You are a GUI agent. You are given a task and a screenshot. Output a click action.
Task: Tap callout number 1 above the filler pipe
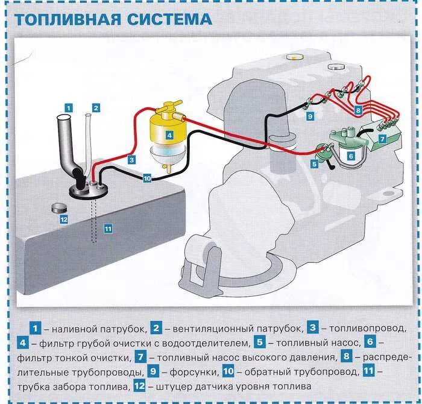69,107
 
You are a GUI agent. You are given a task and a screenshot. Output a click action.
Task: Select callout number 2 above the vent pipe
95,107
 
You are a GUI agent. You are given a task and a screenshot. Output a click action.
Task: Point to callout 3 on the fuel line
131,160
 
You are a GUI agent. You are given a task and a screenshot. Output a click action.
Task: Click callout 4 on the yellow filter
169,135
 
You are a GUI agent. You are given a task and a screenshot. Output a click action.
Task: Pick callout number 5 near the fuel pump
314,163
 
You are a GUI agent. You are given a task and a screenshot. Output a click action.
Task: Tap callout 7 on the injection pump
382,138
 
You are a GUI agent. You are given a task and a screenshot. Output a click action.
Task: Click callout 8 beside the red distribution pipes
357,111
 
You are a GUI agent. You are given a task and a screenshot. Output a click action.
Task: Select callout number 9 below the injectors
309,116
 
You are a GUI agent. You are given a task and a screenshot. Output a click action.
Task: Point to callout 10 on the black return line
146,178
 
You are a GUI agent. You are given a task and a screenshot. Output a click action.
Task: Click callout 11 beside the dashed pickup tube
108,228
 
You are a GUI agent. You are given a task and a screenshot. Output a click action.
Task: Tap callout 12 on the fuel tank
63,219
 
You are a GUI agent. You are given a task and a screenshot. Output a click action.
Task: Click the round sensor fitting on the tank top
59,207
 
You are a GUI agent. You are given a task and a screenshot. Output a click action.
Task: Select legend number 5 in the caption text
260,343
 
